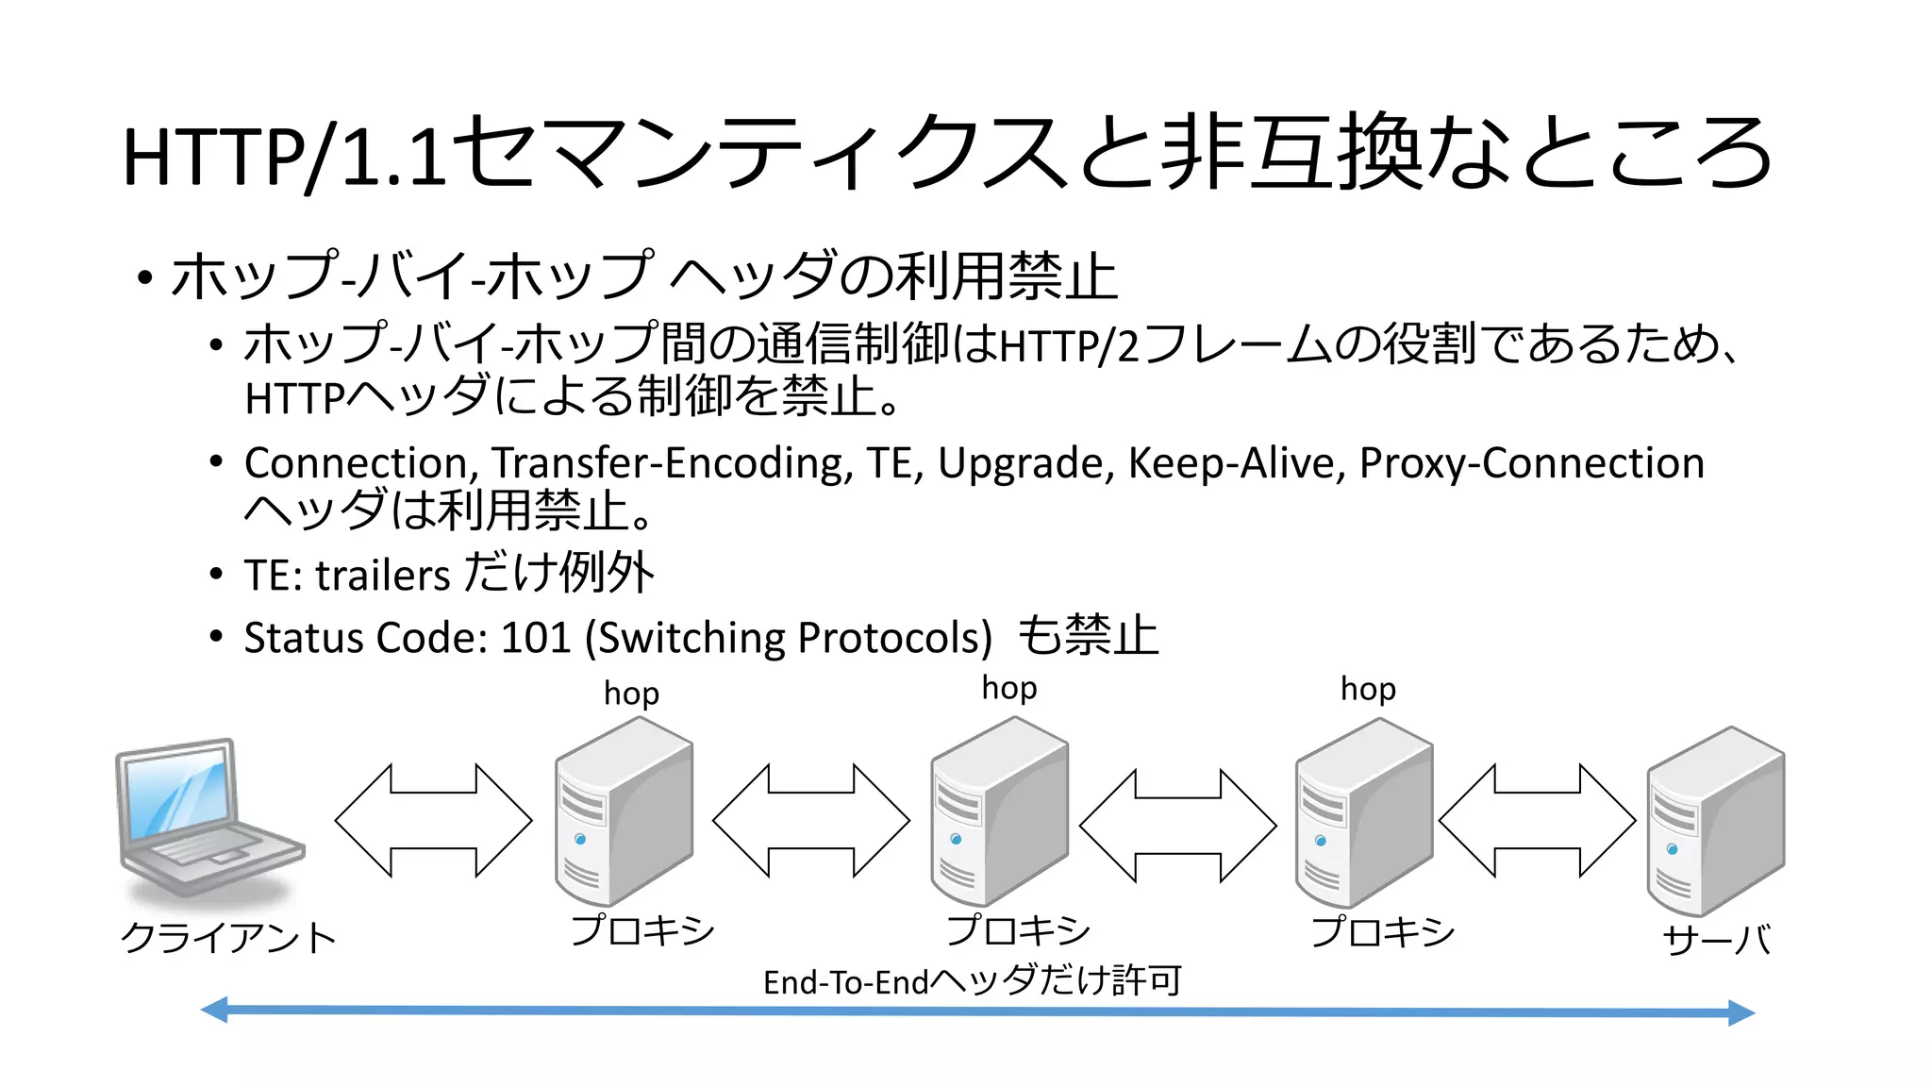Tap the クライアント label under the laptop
coord(227,938)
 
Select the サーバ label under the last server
coord(1716,940)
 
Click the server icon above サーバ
coord(1715,821)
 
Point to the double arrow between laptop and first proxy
coord(433,821)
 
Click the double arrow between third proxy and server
coord(1537,821)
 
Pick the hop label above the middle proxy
coord(1008,688)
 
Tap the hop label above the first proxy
coord(631,694)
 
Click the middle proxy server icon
coord(999,811)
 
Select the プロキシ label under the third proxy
coord(1382,932)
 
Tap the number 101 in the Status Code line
coord(536,638)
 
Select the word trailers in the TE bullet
coord(382,576)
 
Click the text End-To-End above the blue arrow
coord(845,983)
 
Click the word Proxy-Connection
coord(1531,463)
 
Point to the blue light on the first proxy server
coord(580,839)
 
